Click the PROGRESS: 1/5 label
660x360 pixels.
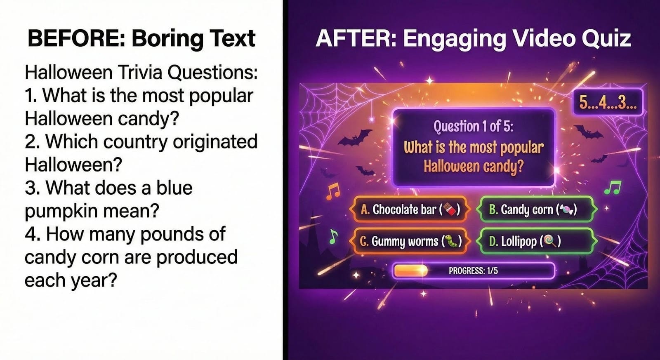473,271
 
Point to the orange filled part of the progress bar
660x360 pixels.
410,271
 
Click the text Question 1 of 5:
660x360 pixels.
473,126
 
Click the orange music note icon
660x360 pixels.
333,191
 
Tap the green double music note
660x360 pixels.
613,188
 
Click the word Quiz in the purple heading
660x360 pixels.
606,38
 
